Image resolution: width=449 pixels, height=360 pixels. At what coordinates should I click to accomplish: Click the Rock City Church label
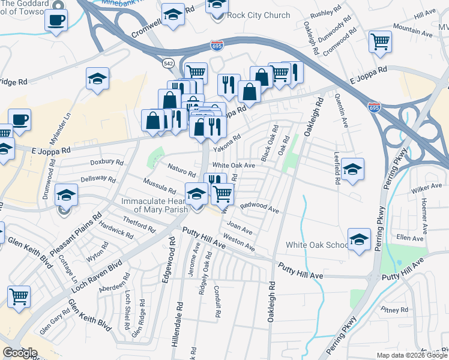(259, 15)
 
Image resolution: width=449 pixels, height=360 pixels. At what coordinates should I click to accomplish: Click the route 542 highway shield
(168, 62)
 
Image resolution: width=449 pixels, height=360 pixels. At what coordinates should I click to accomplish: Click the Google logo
(20, 353)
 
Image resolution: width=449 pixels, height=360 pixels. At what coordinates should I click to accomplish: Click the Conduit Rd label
(217, 301)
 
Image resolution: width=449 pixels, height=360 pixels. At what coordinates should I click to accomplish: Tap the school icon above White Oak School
(359, 238)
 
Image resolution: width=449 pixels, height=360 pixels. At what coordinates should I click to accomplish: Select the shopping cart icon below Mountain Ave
(380, 41)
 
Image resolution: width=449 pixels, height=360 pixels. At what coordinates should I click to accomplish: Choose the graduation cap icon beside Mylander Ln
(97, 78)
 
